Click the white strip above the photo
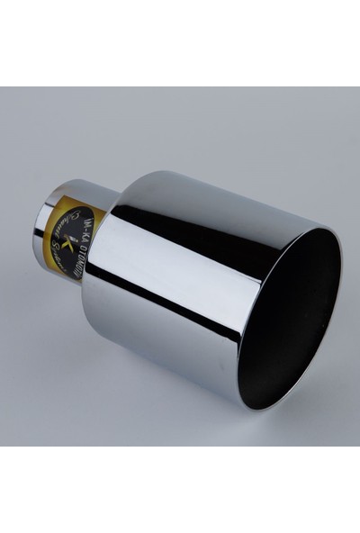pyautogui.click(x=180, y=41)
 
